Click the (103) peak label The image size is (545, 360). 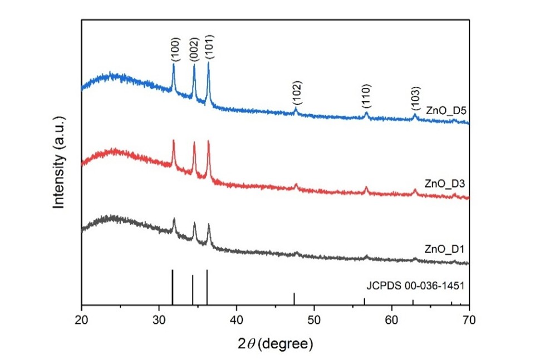point(415,98)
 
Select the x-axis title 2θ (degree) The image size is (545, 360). point(276,342)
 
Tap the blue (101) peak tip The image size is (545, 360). point(209,63)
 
